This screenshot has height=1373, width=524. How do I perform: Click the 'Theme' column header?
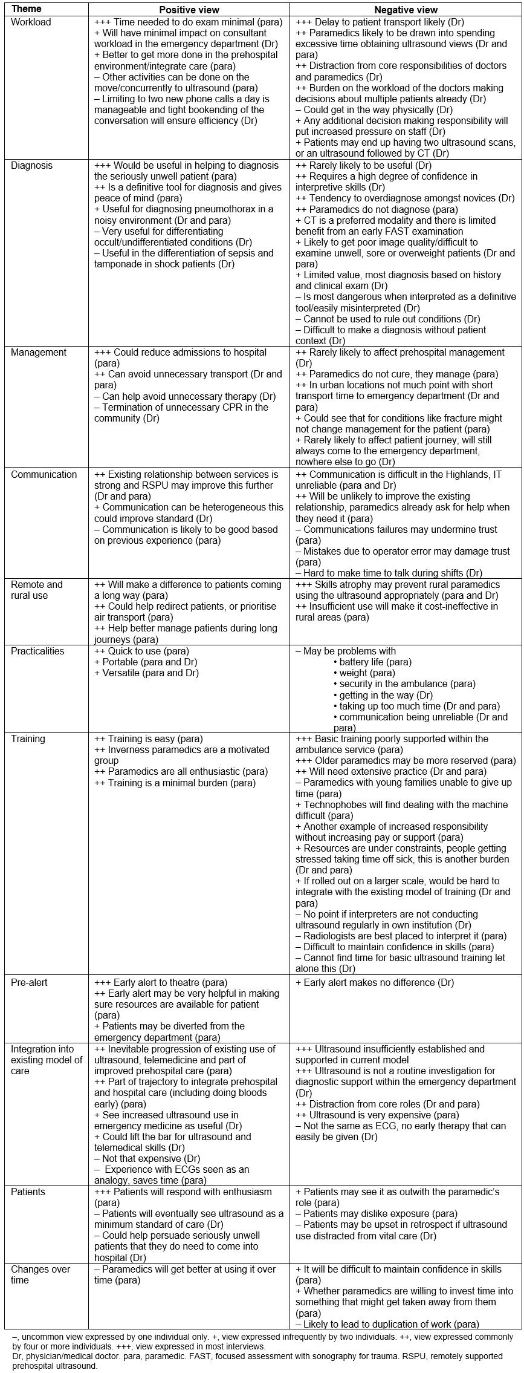(x=27, y=9)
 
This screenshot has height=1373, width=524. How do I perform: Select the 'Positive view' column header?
(x=189, y=10)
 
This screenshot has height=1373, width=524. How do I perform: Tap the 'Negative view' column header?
(x=406, y=10)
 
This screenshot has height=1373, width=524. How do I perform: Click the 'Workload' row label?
(x=31, y=22)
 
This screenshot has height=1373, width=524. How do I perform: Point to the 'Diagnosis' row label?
(x=31, y=166)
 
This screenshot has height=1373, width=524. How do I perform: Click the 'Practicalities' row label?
(x=37, y=651)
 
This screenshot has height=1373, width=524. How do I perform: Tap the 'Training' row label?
(x=28, y=739)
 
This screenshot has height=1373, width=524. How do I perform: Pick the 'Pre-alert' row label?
(x=29, y=983)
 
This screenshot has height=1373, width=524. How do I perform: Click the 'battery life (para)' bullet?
(x=375, y=662)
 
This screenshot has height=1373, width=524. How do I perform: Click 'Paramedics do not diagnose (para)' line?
(x=375, y=210)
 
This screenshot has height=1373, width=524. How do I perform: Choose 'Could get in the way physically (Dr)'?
(x=374, y=110)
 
